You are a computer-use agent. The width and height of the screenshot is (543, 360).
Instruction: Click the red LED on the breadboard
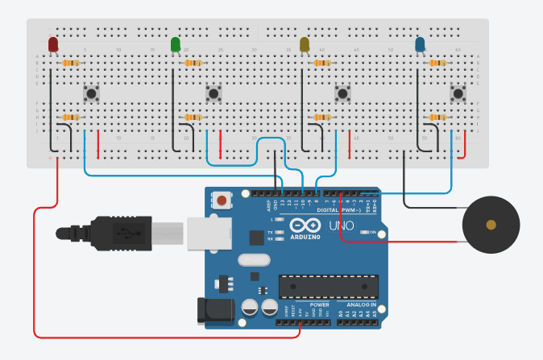coord(53,45)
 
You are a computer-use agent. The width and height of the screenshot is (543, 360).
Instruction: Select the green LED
coord(176,45)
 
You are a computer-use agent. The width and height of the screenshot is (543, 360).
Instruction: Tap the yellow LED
coord(305,45)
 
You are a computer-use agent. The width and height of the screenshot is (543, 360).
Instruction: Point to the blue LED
coord(420,45)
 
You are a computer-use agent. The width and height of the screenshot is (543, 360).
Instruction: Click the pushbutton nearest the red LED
coord(93,94)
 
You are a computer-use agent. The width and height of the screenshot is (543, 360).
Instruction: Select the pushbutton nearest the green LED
coord(214,94)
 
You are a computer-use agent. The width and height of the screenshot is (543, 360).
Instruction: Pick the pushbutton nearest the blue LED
coord(458,94)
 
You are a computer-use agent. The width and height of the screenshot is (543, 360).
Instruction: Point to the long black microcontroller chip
coord(328,285)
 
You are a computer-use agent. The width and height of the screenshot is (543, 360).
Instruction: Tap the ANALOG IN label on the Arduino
coord(361,305)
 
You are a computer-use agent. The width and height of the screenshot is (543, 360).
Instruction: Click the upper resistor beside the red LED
coord(71,63)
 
